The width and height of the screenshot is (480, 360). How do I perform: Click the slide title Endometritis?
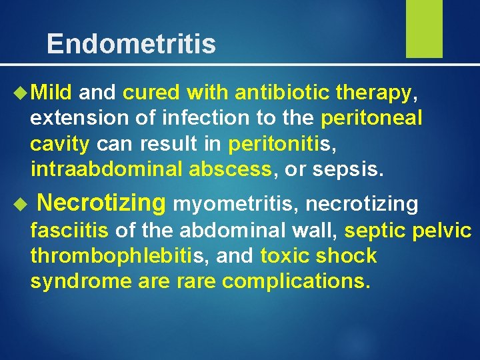(131, 44)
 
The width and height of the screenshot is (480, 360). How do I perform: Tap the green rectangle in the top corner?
(424, 28)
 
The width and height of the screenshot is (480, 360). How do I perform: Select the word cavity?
(60, 143)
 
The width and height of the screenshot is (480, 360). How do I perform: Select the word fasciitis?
(69, 231)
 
